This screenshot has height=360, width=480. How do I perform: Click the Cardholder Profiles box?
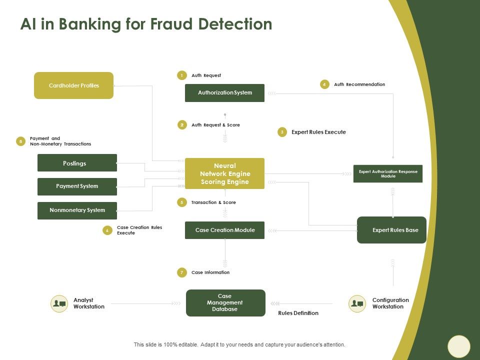click(73, 85)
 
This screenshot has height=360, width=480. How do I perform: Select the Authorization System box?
click(224, 93)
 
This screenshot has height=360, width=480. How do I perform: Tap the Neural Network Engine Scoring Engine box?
click(224, 173)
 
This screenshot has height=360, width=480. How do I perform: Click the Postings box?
click(77, 163)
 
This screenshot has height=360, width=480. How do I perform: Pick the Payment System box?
click(77, 186)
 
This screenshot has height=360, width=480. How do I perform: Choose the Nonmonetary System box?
click(77, 210)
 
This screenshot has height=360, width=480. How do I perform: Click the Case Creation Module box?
click(224, 230)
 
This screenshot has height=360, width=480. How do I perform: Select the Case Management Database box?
click(225, 303)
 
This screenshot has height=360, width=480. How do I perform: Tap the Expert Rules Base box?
click(391, 230)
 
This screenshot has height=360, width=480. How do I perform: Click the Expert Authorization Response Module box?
click(387, 173)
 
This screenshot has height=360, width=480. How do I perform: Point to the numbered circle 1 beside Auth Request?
click(181, 75)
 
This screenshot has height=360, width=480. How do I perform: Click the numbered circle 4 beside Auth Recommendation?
click(324, 84)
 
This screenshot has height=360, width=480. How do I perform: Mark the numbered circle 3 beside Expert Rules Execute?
click(282, 132)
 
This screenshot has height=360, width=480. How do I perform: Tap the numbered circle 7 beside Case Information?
click(181, 272)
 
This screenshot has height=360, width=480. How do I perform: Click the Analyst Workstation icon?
click(59, 303)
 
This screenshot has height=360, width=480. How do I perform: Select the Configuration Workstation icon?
click(357, 303)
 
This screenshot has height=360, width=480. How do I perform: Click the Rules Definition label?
click(298, 313)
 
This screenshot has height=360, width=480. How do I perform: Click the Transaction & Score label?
click(213, 202)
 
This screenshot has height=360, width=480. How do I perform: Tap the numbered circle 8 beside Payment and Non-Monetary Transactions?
click(20, 141)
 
